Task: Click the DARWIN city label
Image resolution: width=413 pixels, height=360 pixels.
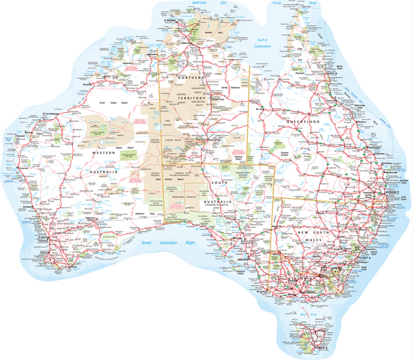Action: pos(173,21)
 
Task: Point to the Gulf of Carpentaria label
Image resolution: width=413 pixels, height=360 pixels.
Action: pos(263,43)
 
